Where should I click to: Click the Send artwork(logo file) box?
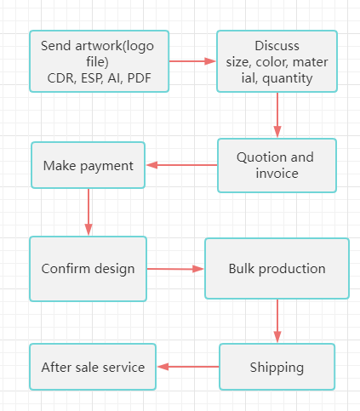click(100, 61)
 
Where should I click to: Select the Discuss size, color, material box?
click(277, 61)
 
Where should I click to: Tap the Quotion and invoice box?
click(277, 165)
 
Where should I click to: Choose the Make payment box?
click(88, 165)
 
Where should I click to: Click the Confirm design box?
click(88, 269)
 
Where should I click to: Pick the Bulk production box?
click(277, 268)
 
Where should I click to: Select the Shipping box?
click(277, 367)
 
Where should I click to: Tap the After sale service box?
click(93, 367)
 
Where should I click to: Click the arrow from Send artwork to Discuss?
click(192, 61)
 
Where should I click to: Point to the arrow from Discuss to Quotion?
click(277, 115)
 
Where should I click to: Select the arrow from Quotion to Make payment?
click(181, 165)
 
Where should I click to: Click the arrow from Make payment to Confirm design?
click(89, 212)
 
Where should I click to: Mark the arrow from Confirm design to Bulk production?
click(175, 269)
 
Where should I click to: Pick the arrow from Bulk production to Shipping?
click(277, 321)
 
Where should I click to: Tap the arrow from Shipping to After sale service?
click(188, 367)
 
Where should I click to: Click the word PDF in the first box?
click(140, 78)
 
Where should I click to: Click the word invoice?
click(277, 174)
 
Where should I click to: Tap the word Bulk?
click(242, 269)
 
